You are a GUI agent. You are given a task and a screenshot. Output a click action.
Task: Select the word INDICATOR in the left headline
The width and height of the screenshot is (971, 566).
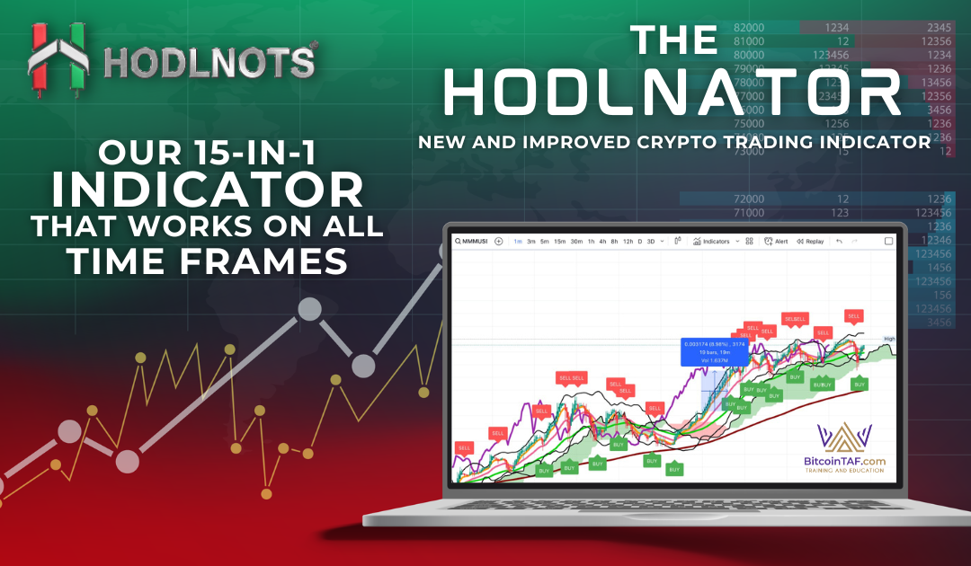click(208, 190)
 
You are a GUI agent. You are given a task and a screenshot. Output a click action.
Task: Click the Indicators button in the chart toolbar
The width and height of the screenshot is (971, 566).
click(716, 241)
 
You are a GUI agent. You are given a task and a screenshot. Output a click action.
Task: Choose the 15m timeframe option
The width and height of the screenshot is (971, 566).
click(559, 241)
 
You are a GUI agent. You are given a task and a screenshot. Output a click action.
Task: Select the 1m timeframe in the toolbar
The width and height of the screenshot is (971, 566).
click(518, 241)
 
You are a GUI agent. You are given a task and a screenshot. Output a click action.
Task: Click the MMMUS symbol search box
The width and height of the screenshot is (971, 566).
click(472, 241)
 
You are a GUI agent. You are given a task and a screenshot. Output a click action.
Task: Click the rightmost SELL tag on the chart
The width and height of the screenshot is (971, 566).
click(853, 315)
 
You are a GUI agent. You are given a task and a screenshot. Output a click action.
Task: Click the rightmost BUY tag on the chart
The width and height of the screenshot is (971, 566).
click(860, 384)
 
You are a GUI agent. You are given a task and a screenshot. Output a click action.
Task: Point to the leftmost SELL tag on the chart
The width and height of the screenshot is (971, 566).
click(464, 447)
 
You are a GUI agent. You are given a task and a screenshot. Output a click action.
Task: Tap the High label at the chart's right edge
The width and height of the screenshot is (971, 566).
click(889, 339)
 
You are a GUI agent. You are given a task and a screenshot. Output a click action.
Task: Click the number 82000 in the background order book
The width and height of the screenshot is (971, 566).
click(749, 29)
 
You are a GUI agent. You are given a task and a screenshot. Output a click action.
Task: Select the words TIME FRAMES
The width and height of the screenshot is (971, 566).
click(209, 261)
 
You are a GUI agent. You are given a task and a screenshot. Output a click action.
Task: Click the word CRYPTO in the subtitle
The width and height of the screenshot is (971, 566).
click(668, 142)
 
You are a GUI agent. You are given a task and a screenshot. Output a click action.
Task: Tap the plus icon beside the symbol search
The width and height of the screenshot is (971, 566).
click(498, 241)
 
